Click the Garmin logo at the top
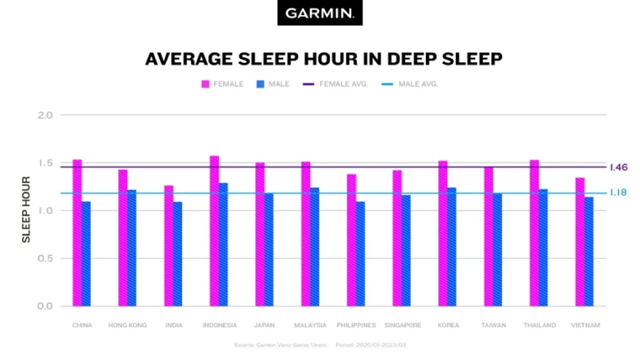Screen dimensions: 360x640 click(x=319, y=13)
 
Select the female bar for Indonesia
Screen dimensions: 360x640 click(x=214, y=231)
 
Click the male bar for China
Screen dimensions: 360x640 click(x=86, y=253)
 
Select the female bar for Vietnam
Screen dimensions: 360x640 click(x=580, y=241)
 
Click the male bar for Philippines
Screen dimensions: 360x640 click(x=361, y=253)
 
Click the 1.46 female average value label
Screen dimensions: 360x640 click(x=618, y=167)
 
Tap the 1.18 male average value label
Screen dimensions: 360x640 click(x=617, y=193)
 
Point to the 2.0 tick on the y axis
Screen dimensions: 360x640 click(x=45, y=115)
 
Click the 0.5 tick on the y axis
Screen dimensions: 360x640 click(x=45, y=258)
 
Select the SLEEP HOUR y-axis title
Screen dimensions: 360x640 click(x=26, y=210)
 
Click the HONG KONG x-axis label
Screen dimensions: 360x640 click(x=127, y=325)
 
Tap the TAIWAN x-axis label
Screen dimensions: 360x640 click(x=493, y=325)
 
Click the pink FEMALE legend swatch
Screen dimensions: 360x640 click(x=206, y=84)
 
